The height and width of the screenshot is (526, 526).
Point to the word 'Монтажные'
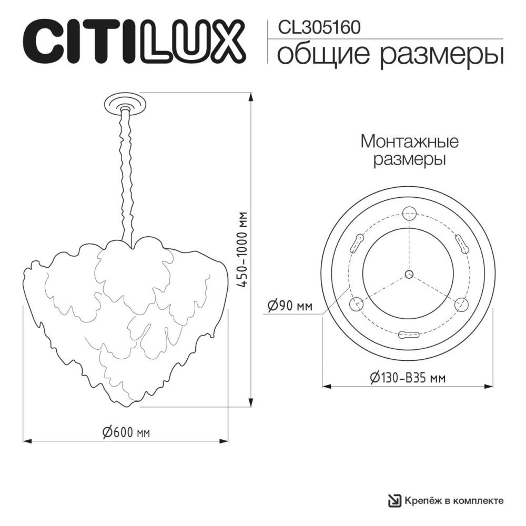click(409, 141)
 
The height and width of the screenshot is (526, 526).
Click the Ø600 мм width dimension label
click(126, 432)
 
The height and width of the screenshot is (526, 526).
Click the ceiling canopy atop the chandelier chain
click(125, 102)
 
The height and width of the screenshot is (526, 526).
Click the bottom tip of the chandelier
click(126, 406)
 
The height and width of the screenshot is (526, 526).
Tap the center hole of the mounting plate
click(409, 274)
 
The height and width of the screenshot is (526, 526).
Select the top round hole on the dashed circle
click(409, 213)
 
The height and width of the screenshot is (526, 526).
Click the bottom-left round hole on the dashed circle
click(357, 304)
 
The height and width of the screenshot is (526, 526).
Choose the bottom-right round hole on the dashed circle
click(461, 304)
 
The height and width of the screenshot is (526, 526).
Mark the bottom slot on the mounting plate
click(409, 334)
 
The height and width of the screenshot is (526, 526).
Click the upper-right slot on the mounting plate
click(462, 243)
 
